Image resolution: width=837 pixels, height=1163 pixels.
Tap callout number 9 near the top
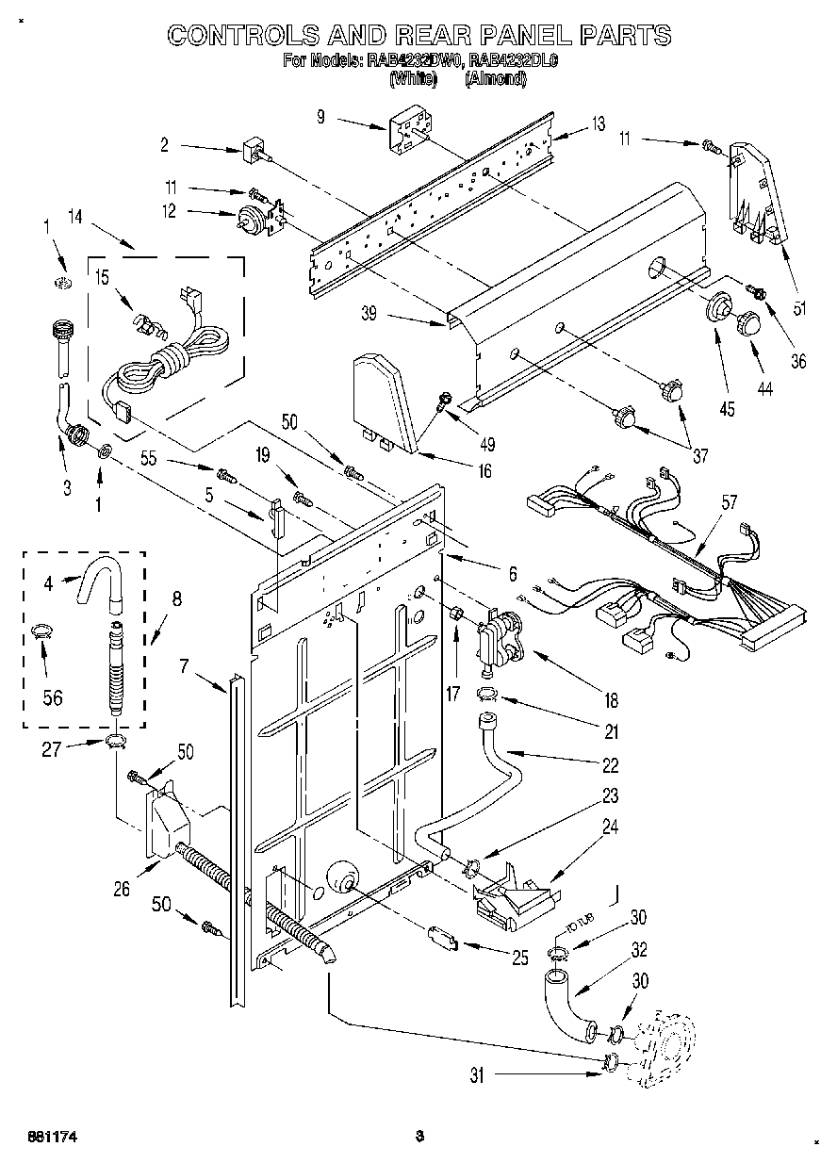320,117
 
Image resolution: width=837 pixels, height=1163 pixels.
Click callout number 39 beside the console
369,314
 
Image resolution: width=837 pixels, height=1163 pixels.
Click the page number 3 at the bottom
420,1137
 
